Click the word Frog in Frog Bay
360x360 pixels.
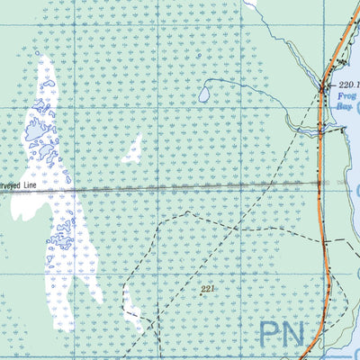pos(347,94)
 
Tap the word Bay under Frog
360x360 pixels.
pos(345,105)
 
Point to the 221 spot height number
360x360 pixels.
pos(209,290)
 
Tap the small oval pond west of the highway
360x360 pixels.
pos(205,93)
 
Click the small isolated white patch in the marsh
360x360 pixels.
pos(133,150)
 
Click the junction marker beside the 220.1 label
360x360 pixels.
pos(325,86)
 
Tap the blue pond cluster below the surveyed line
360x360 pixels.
pos(63,236)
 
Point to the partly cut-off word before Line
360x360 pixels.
pos(11,188)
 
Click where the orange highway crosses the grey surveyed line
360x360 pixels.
pos(322,183)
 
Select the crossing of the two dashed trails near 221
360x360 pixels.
pos(186,214)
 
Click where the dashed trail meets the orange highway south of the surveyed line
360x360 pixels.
pos(325,241)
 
